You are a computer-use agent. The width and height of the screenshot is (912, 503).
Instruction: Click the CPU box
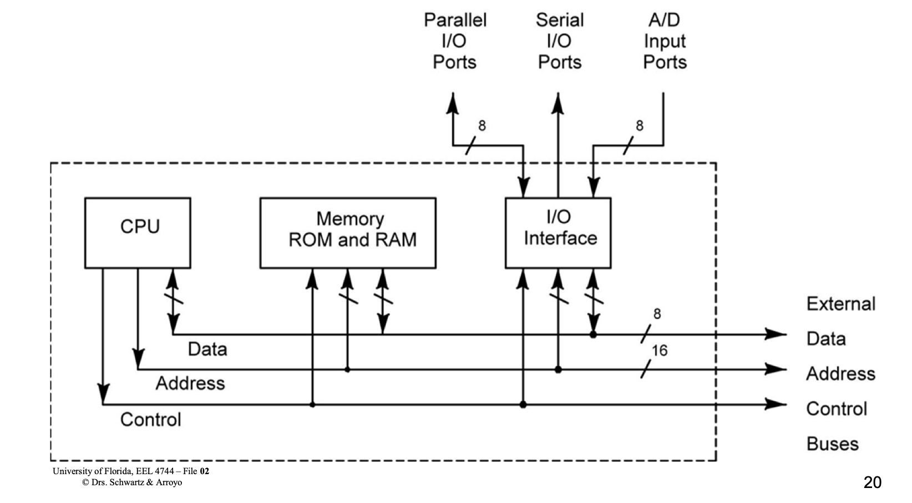[138, 233]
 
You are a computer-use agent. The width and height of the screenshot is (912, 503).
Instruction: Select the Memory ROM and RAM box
[348, 233]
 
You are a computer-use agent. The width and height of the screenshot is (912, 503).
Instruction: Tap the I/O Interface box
[558, 233]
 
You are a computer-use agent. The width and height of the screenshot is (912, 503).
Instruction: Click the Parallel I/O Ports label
[455, 41]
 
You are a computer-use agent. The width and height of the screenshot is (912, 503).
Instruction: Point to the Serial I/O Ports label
[560, 41]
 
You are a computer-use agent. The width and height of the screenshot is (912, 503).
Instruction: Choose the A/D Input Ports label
[665, 41]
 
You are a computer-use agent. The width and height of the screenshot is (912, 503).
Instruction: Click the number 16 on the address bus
[660, 350]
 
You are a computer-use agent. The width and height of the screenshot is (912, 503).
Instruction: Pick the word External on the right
[840, 304]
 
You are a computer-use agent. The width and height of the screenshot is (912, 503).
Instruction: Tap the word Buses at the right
[832, 444]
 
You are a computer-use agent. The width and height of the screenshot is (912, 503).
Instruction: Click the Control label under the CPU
[151, 419]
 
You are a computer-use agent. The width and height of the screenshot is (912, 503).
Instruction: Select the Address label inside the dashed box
[190, 383]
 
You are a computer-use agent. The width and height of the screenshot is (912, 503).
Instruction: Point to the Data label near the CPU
[207, 349]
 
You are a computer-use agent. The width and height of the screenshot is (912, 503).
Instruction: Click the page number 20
[872, 482]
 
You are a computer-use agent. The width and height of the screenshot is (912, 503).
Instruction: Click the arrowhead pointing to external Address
[776, 369]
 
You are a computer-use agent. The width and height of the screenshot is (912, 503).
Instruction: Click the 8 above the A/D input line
[640, 126]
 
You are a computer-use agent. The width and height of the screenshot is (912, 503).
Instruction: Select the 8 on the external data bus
[657, 314]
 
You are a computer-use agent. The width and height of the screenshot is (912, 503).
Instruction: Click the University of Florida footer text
[131, 471]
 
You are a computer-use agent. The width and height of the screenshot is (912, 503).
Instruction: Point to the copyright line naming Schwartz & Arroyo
[132, 482]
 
